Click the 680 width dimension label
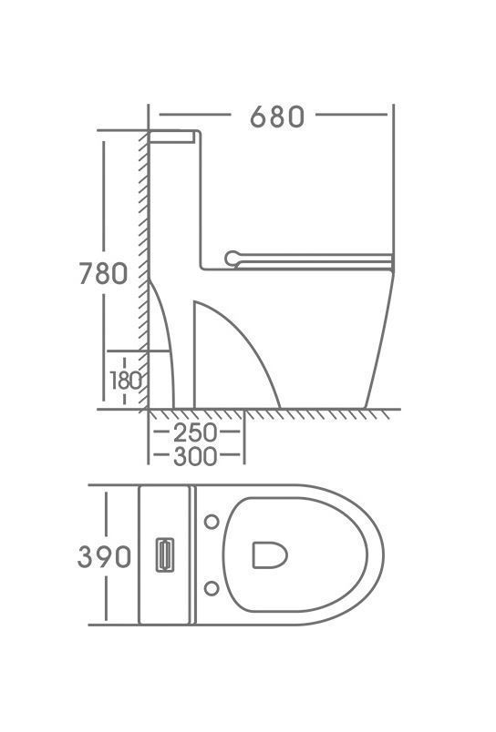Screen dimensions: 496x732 click(x=277, y=117)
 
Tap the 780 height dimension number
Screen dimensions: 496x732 click(x=103, y=273)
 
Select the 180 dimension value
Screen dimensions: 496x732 click(x=125, y=381)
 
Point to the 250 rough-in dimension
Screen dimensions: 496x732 click(x=195, y=432)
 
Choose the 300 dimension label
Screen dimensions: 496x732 click(x=195, y=456)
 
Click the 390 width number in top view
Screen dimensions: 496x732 click(x=104, y=556)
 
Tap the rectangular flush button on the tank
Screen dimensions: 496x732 click(x=165, y=554)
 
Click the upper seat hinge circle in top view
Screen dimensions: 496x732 click(x=212, y=522)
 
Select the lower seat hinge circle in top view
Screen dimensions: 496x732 click(x=212, y=588)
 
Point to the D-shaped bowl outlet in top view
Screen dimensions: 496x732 click(x=270, y=555)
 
